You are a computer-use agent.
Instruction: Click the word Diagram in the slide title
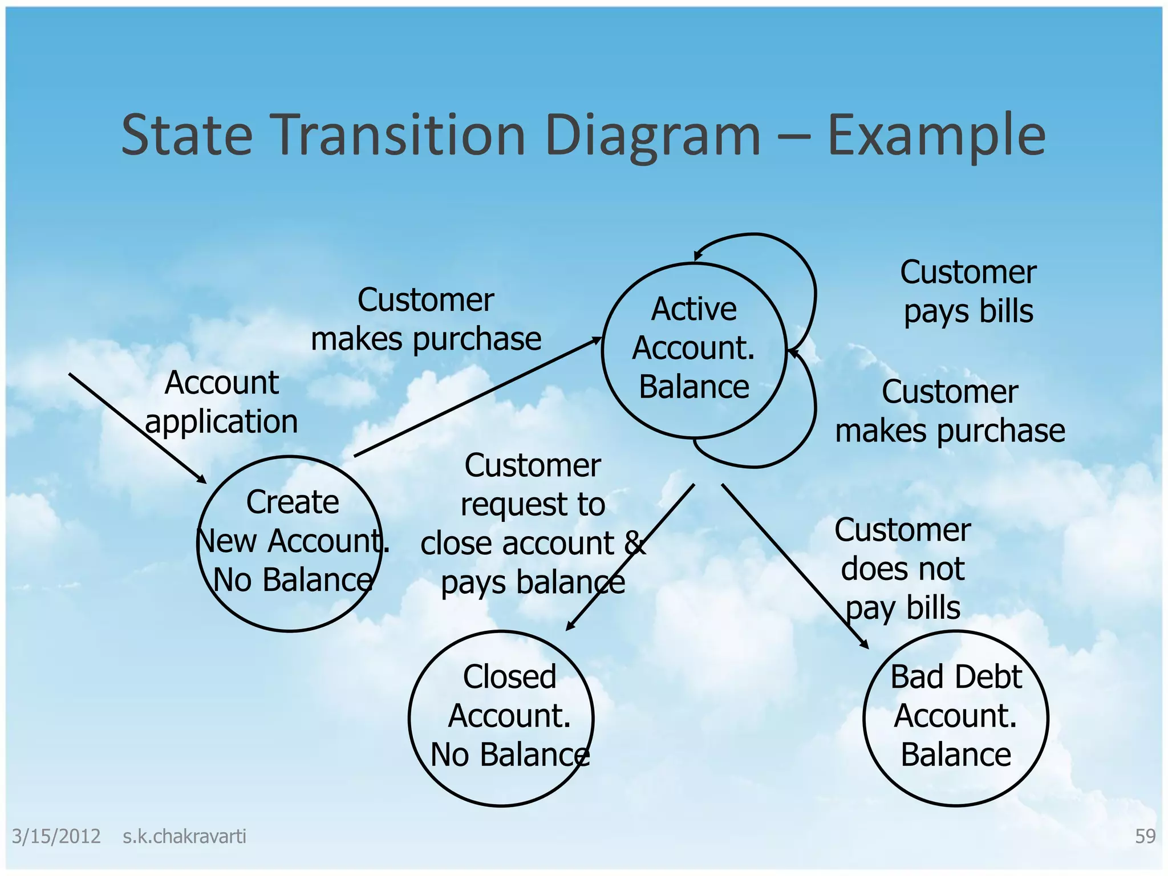pos(653,136)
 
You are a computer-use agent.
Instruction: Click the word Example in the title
pos(936,136)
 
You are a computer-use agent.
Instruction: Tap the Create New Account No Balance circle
pos(290,544)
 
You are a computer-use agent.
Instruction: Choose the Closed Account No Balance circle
pos(501,718)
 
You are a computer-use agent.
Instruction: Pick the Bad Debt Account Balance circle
pos(956,718)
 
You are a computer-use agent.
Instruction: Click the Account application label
pos(221,402)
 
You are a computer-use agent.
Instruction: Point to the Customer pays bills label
pos(968,291)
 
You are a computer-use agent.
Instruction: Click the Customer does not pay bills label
pos(902,568)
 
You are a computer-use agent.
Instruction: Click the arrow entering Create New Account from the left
pos(137,428)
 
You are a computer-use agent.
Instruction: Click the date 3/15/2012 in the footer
pos(56,836)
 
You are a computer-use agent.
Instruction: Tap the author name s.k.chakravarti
pos(184,836)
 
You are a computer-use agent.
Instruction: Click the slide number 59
pos(1145,836)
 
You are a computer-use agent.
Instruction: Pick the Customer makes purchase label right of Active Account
pos(950,411)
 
